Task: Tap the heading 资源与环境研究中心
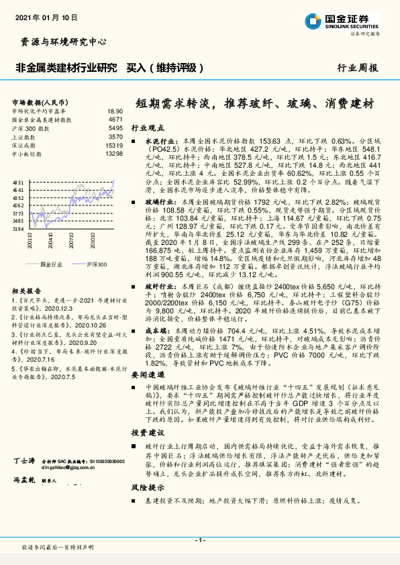pyautogui.click(x=60, y=42)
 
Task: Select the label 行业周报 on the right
pyautogui.click(x=358, y=68)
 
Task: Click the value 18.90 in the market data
pyautogui.click(x=115, y=111)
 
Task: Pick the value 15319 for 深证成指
pyautogui.click(x=114, y=145)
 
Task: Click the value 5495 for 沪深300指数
pyautogui.click(x=115, y=127)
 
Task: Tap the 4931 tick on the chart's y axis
pyautogui.click(x=18, y=182)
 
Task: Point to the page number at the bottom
pyautogui.click(x=199, y=540)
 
